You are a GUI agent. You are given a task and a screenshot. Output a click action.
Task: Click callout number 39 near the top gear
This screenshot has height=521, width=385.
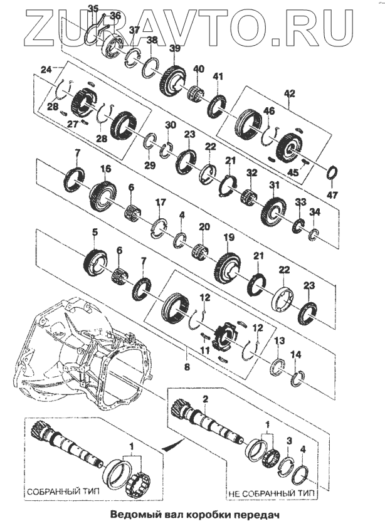(174, 49)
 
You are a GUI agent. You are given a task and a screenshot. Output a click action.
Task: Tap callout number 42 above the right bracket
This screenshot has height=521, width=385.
(288, 93)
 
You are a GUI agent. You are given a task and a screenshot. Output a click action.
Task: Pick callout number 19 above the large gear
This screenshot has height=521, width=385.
(228, 238)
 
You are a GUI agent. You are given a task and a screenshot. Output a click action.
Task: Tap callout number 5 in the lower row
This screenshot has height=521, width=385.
(95, 233)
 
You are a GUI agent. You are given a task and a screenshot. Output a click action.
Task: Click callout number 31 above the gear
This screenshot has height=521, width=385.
(273, 185)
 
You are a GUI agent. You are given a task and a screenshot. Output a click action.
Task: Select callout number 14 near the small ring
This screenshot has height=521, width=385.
(297, 355)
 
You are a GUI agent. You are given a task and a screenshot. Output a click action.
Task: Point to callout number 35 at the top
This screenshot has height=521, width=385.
(93, 8)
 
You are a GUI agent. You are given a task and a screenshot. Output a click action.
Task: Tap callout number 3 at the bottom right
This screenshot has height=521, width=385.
(289, 442)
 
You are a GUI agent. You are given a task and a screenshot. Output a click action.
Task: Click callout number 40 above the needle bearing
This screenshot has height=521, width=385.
(199, 68)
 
